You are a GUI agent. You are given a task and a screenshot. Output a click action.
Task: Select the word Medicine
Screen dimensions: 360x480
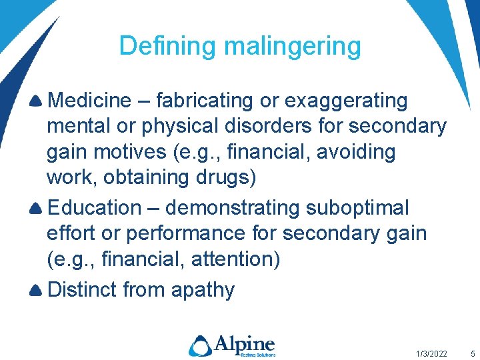[x=90, y=101]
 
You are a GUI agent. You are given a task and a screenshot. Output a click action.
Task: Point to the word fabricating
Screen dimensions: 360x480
[x=206, y=101]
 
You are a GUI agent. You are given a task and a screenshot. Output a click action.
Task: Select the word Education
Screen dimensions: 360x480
[x=94, y=208]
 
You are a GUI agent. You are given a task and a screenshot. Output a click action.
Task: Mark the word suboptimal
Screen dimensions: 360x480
[x=357, y=208]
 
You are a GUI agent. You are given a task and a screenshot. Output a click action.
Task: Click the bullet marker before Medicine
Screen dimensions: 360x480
[x=37, y=101]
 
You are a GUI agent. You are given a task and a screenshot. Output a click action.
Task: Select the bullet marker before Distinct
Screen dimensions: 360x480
[x=37, y=291]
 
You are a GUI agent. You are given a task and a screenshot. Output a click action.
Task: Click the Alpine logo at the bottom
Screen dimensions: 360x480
[x=231, y=345]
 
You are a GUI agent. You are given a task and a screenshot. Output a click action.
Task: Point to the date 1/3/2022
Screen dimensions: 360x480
[x=431, y=353]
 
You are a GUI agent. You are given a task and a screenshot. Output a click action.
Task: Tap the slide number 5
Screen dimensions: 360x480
[x=473, y=353]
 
